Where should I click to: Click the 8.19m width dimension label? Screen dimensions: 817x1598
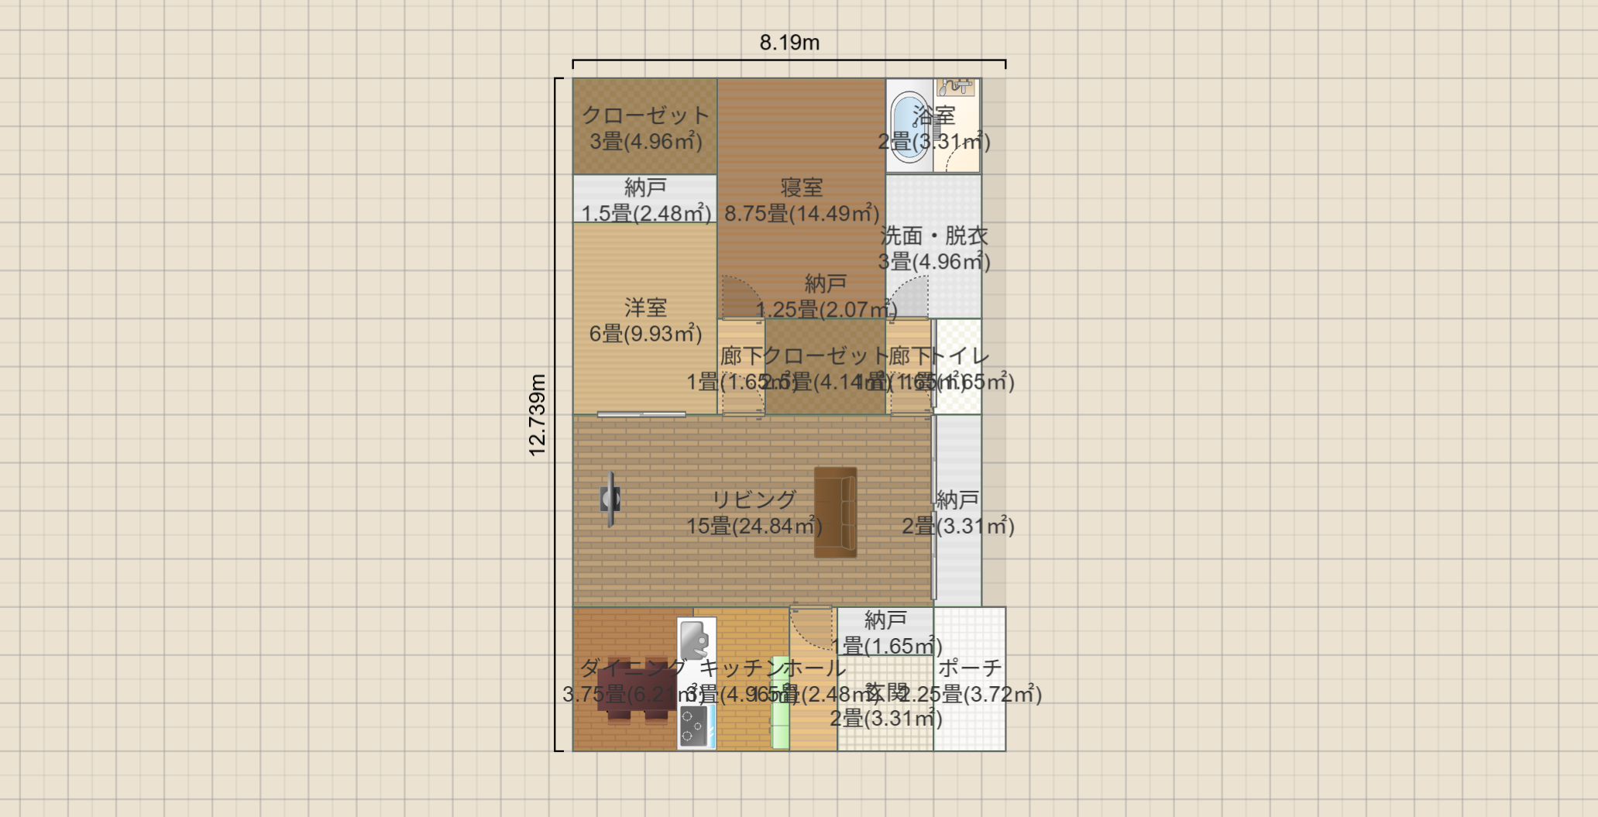click(789, 43)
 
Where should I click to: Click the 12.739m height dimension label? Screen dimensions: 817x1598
click(537, 415)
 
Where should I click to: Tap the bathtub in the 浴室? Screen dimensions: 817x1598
click(908, 126)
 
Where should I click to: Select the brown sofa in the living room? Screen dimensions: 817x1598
click(835, 512)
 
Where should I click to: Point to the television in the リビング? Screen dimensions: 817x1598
click(610, 499)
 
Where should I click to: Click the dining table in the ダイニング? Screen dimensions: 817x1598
click(636, 689)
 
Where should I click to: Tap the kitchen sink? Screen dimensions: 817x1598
click(695, 640)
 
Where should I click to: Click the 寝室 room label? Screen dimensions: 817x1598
click(801, 187)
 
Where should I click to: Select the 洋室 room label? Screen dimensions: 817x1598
click(645, 307)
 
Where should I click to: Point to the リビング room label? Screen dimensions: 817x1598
click(754, 499)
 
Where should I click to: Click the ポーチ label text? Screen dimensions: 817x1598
click(970, 668)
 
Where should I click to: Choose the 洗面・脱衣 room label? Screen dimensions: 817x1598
click(934, 235)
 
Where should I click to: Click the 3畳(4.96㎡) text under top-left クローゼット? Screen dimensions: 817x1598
click(645, 142)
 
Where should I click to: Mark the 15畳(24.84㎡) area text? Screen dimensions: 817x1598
click(754, 527)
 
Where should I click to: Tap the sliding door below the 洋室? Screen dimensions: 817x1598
click(641, 414)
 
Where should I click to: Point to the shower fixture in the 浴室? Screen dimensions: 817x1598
click(957, 86)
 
